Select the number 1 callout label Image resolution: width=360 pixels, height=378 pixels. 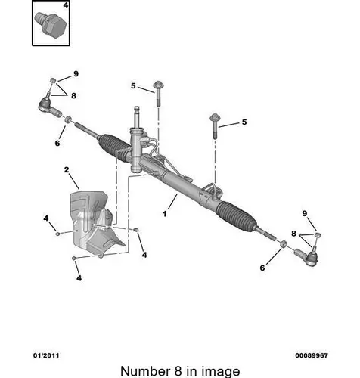pos(164,214)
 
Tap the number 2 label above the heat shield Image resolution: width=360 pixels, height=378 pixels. pos(67,169)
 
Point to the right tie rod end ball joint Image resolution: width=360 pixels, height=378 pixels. pos(308,256)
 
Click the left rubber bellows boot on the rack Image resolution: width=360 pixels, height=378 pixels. pos(114,147)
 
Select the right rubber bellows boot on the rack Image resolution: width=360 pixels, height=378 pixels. pos(237,215)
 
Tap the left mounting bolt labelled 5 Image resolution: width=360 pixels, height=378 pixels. pos(158,93)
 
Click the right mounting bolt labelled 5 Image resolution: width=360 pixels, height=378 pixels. pos(215,125)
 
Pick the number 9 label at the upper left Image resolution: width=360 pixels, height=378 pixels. pos(76,74)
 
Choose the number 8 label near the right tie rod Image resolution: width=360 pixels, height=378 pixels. pos(293,234)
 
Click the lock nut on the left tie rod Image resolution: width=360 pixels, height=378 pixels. pos(68,119)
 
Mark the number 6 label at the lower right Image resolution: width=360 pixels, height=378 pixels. pos(262,268)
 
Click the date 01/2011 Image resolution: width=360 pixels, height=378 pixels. pos(46,355)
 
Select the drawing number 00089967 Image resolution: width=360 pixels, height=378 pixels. pos(312,355)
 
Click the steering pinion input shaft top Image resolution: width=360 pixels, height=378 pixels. pos(137,111)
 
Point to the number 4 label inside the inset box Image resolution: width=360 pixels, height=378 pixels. pos(65,5)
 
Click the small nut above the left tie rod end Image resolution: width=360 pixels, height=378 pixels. pos(53,80)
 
